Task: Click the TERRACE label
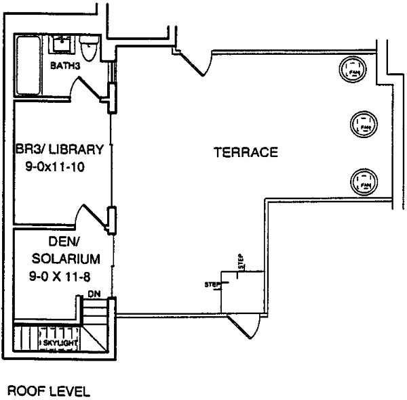click(246, 153)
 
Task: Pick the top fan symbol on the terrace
click(354, 67)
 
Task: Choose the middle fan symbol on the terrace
click(364, 123)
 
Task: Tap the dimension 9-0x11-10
click(56, 164)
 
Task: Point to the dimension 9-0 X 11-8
click(60, 275)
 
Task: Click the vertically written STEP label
click(239, 262)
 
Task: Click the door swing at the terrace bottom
click(247, 326)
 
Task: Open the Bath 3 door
click(90, 88)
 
